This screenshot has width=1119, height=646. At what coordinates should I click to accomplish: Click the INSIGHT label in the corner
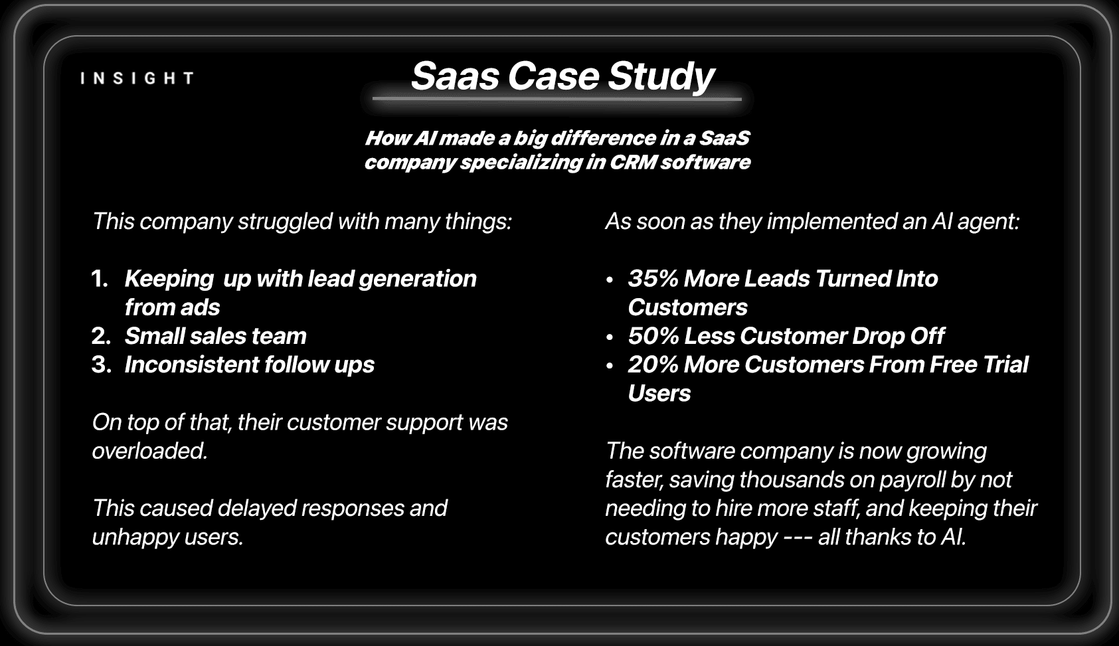(x=137, y=78)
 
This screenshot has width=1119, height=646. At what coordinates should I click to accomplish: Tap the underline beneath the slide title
(x=557, y=100)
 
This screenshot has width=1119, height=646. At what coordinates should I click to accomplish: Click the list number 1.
(x=100, y=279)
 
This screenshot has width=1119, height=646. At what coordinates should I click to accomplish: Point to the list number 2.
(x=101, y=336)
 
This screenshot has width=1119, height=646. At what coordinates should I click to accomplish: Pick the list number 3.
(x=102, y=364)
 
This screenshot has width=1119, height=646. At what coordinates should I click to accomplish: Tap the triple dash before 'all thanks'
(x=798, y=538)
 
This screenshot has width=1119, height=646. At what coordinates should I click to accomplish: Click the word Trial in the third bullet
(x=1005, y=364)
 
